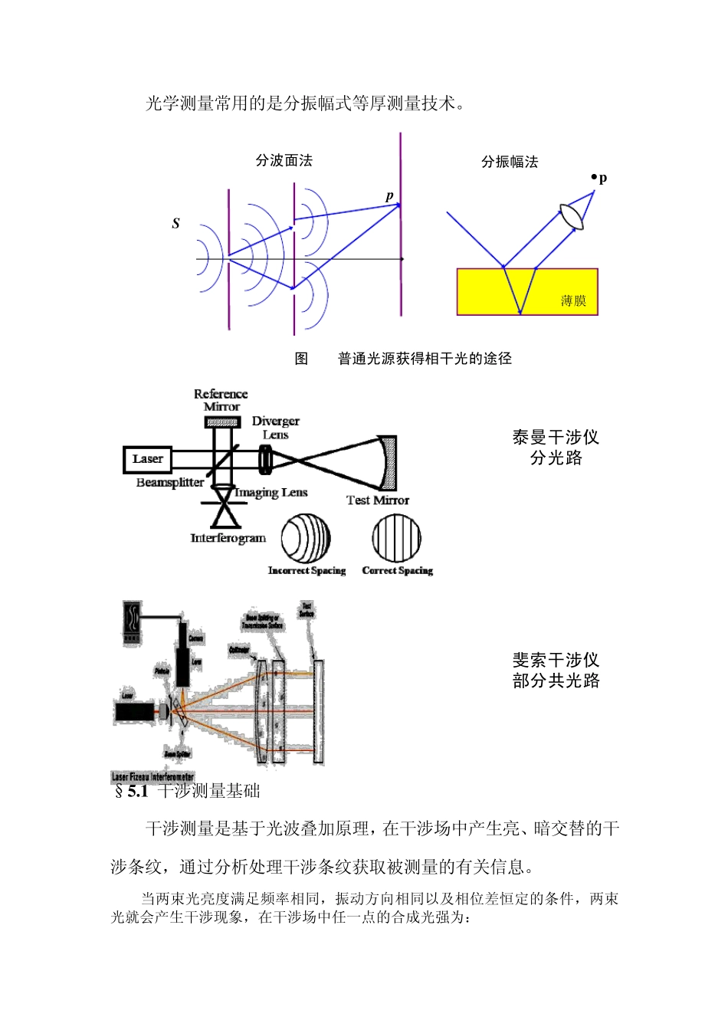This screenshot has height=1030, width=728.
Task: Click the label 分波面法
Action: click(x=284, y=160)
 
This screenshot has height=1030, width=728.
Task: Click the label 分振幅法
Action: click(x=510, y=162)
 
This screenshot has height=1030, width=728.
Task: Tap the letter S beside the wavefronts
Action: click(x=175, y=223)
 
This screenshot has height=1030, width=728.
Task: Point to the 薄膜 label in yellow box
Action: click(x=572, y=300)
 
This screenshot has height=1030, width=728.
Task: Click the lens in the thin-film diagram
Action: click(x=572, y=215)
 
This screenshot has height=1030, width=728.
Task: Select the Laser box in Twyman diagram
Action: click(x=147, y=459)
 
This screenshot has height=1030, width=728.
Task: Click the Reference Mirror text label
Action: click(x=221, y=400)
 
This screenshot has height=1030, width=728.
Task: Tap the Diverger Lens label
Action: click(x=275, y=428)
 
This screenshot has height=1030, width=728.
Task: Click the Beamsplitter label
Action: click(x=169, y=483)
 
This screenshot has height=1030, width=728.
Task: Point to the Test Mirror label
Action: click(x=378, y=500)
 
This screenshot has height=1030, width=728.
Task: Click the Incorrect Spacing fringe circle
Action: click(x=306, y=538)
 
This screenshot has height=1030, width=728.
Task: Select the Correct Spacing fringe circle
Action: click(x=397, y=538)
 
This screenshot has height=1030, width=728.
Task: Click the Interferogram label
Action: click(x=228, y=538)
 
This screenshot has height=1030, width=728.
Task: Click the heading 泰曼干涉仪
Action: click(x=556, y=437)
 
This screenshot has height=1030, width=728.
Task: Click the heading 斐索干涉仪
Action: click(x=556, y=660)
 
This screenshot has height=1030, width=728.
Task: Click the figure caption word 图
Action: click(x=302, y=358)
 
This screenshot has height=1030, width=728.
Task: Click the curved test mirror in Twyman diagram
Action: click(x=389, y=462)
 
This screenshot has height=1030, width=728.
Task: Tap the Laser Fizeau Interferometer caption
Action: click(x=153, y=776)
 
